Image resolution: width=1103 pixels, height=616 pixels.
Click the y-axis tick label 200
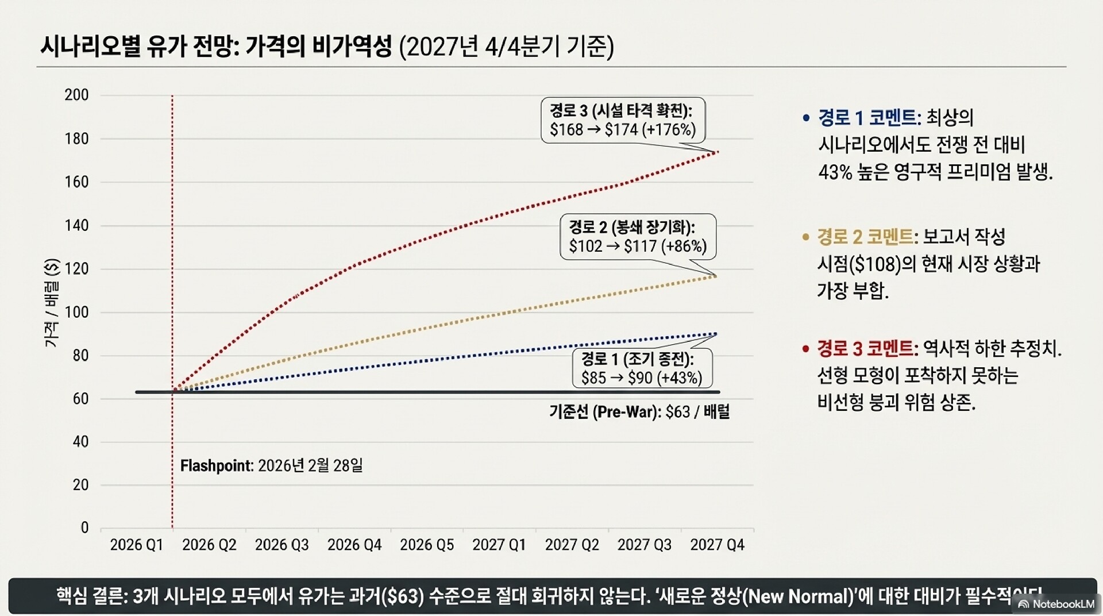pyautogui.click(x=76, y=95)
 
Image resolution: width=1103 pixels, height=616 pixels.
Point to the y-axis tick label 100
pyautogui.click(x=76, y=312)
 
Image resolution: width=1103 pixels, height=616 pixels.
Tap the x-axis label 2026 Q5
pyautogui.click(x=426, y=545)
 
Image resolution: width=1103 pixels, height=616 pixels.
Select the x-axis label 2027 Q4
pyautogui.click(x=717, y=545)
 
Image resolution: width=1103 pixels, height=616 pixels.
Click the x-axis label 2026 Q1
pyautogui.click(x=136, y=545)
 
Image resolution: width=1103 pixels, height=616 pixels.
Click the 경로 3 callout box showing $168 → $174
pyautogui.click(x=623, y=121)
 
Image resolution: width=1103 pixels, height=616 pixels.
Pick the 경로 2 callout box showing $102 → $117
pyautogui.click(x=638, y=237)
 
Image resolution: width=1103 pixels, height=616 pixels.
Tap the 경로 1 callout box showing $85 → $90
pyautogui.click(x=642, y=368)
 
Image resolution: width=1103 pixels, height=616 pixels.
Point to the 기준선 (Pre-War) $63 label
pyautogui.click(x=639, y=412)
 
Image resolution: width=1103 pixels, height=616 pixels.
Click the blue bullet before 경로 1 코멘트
pyautogui.click(x=806, y=118)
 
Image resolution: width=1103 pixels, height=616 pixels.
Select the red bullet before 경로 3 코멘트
pyautogui.click(x=805, y=349)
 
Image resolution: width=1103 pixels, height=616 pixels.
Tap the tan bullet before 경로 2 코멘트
pyautogui.click(x=805, y=237)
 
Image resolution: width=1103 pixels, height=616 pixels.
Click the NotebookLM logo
pyautogui.click(x=1056, y=604)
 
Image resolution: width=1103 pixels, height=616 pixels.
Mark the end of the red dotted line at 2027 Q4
pyautogui.click(x=717, y=152)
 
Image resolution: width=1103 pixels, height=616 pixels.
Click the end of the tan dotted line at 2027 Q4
pyautogui.click(x=716, y=276)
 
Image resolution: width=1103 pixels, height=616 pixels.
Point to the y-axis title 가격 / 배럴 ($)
pyautogui.click(x=52, y=303)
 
